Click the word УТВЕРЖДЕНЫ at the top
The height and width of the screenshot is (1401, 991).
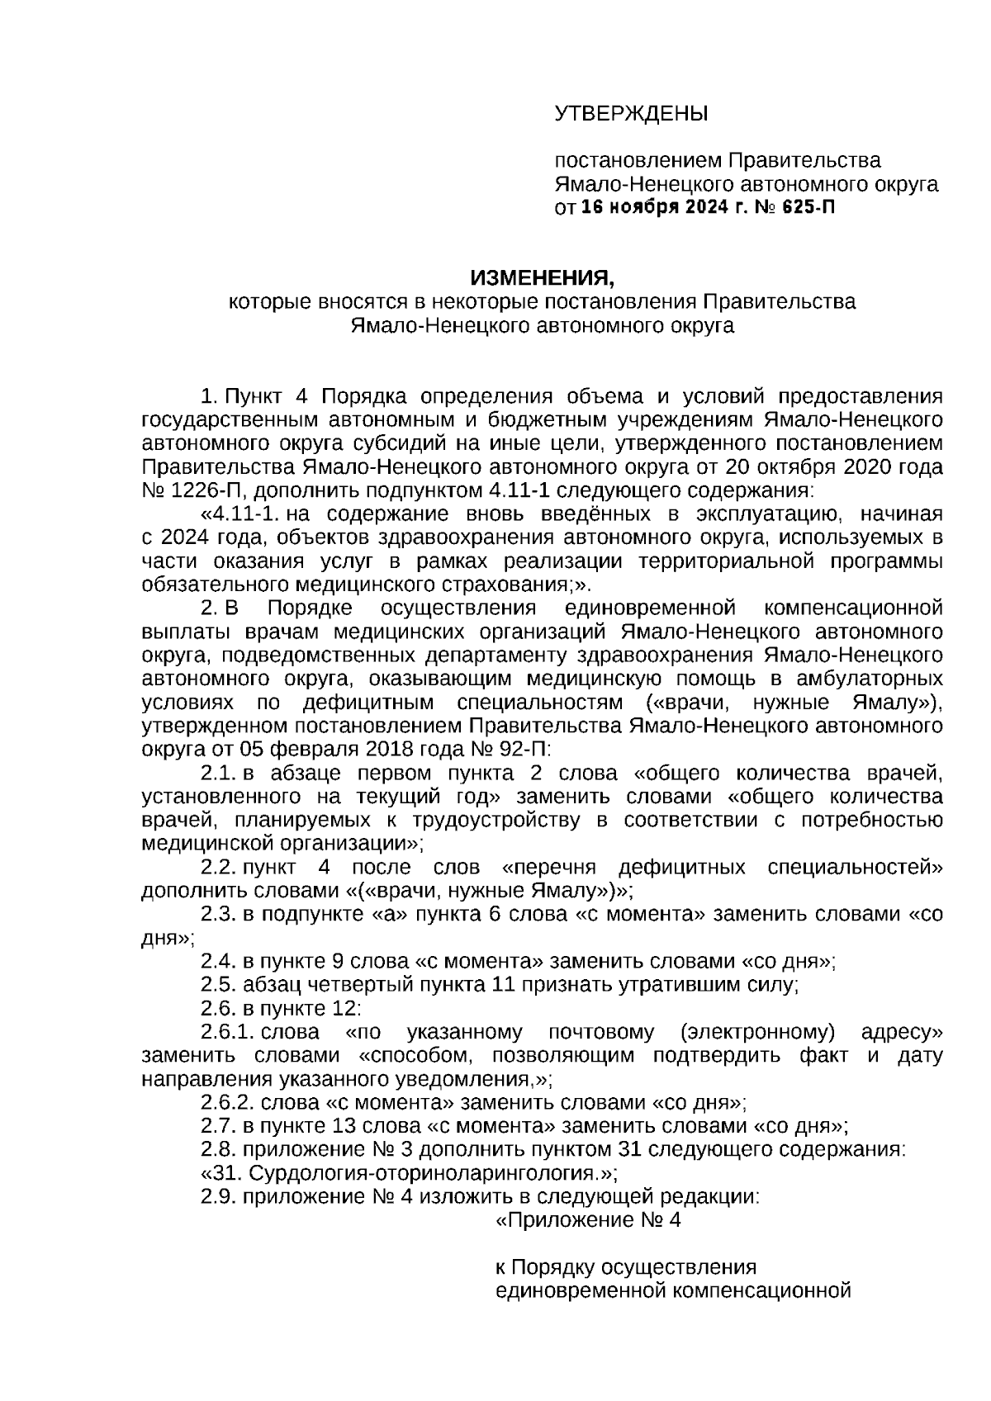click(631, 113)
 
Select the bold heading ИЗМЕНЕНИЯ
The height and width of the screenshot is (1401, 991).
click(543, 278)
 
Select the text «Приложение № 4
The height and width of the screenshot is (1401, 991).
click(587, 1221)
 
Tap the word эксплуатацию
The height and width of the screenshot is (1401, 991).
click(760, 515)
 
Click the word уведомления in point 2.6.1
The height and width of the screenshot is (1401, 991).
click(469, 1080)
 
